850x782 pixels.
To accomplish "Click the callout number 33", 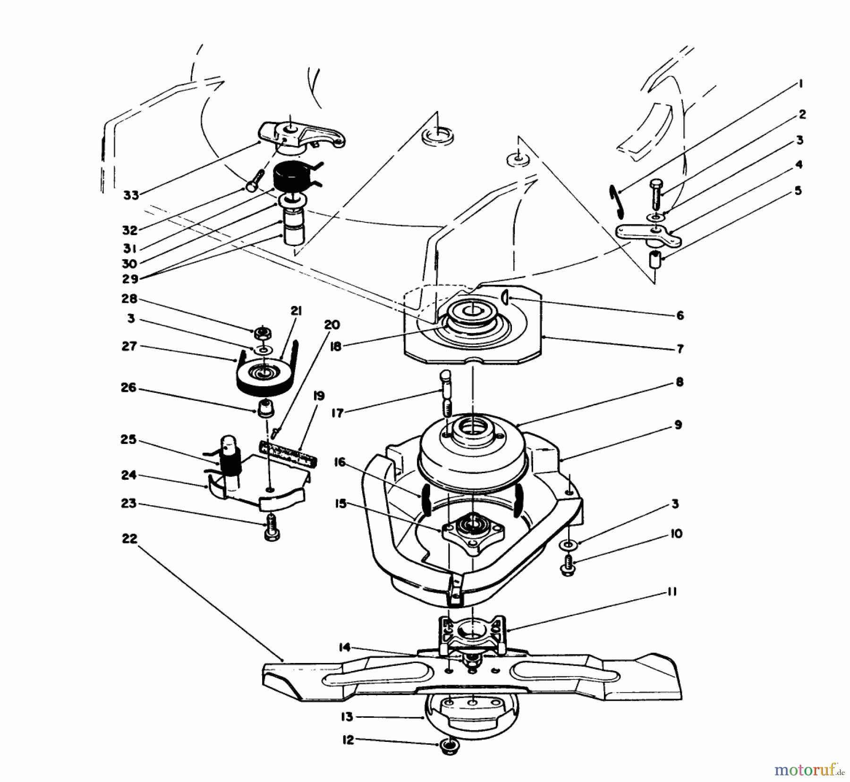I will [x=131, y=195].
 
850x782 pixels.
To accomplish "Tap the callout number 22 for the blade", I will [x=129, y=538].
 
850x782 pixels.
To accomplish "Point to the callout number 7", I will [x=680, y=349].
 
